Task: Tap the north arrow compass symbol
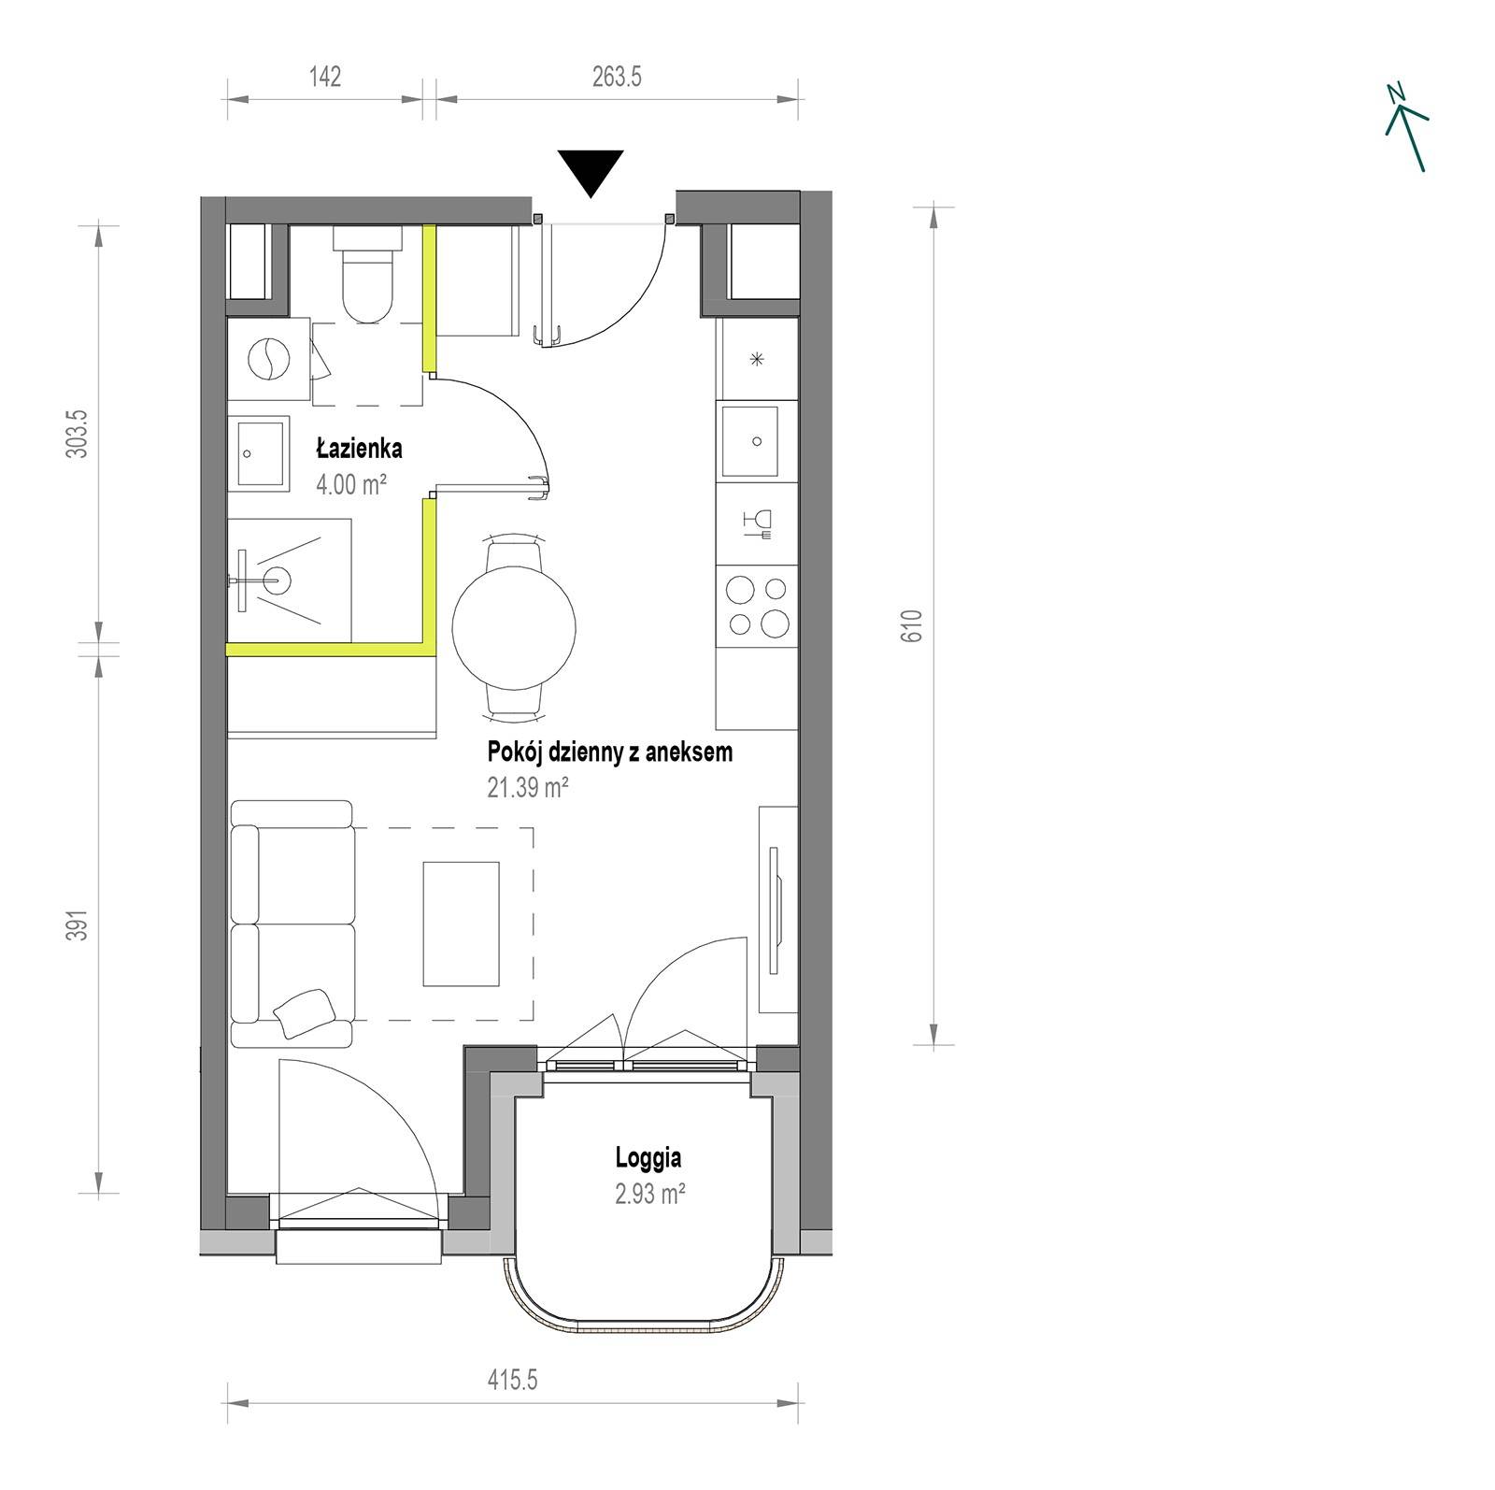tap(1406, 127)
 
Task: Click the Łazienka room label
tap(359, 449)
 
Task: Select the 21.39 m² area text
tap(528, 788)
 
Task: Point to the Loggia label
tap(648, 1158)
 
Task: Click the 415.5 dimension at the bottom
tap(512, 1380)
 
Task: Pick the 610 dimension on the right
tap(913, 625)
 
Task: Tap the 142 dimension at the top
tap(324, 76)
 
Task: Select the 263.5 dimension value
tap(617, 76)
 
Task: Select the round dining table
tap(513, 627)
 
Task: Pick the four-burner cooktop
tap(757, 607)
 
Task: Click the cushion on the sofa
tap(305, 1010)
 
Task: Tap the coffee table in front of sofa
tap(461, 924)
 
